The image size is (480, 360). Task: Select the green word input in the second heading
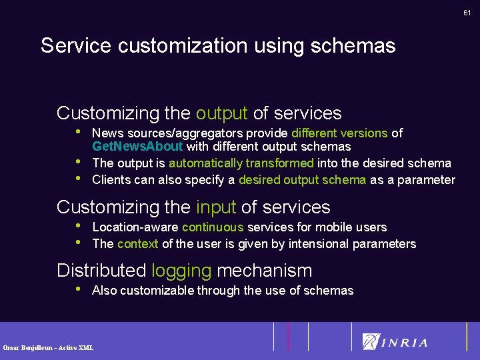pyautogui.click(x=217, y=207)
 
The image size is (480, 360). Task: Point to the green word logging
pyautogui.click(x=181, y=271)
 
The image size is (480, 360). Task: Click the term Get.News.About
pyautogui.click(x=137, y=147)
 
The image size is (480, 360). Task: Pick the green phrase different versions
pyautogui.click(x=339, y=133)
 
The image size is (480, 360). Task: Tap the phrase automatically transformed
pyautogui.click(x=241, y=163)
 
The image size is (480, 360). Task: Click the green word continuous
pyautogui.click(x=213, y=227)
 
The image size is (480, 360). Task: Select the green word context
pyautogui.click(x=137, y=244)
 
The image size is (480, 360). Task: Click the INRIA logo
pyautogui.click(x=395, y=342)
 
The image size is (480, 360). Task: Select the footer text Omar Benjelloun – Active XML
pyautogui.click(x=48, y=347)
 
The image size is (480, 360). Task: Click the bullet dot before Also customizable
pyautogui.click(x=79, y=289)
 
